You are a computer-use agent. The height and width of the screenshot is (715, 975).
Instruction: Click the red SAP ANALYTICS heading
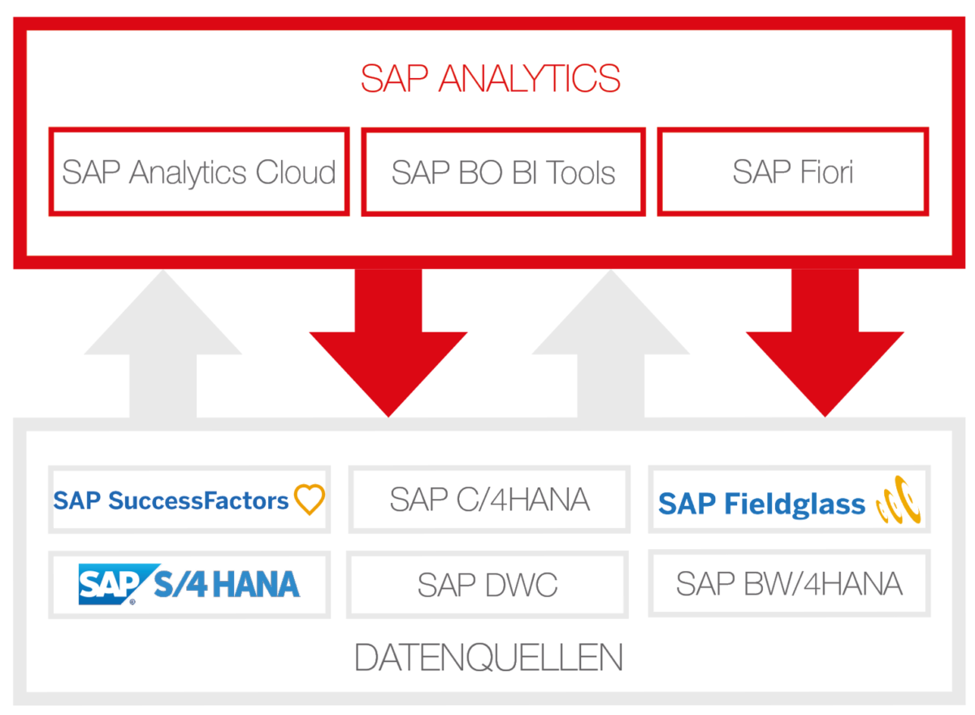pyautogui.click(x=491, y=79)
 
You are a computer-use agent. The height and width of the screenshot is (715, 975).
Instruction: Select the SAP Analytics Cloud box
pyautogui.click(x=199, y=171)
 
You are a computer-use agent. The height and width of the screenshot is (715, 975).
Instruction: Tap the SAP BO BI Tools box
pyautogui.click(x=503, y=171)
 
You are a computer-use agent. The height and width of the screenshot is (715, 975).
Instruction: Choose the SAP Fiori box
pyautogui.click(x=792, y=171)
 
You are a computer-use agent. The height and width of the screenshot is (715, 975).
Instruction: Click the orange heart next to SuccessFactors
pyautogui.click(x=310, y=499)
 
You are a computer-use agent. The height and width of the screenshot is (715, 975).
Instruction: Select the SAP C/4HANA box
pyautogui.click(x=489, y=500)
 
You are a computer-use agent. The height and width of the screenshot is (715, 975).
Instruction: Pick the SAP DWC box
pyautogui.click(x=487, y=584)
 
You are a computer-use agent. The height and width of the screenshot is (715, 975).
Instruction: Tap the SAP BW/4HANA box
pyautogui.click(x=789, y=583)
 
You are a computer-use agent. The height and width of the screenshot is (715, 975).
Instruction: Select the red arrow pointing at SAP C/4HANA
pyautogui.click(x=388, y=341)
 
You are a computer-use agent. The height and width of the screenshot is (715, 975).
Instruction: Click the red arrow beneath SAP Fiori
pyautogui.click(x=825, y=341)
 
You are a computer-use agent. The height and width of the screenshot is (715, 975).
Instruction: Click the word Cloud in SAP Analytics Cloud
pyautogui.click(x=295, y=172)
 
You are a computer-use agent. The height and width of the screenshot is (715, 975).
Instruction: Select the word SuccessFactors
pyautogui.click(x=198, y=500)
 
